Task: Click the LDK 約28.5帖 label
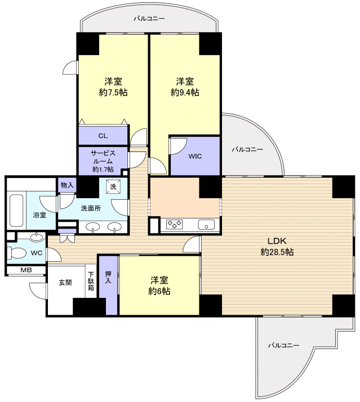(277, 247)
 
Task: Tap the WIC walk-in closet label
(195, 156)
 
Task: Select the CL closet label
(103, 136)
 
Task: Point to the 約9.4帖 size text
(185, 92)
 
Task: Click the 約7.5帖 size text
(113, 92)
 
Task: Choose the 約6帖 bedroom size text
(159, 291)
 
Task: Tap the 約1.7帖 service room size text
(103, 169)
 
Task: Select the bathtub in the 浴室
(16, 211)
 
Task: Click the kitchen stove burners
(175, 224)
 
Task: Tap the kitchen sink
(206, 225)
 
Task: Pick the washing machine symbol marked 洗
(113, 187)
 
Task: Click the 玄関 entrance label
(65, 283)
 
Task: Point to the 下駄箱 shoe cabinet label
(91, 281)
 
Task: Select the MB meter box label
(26, 270)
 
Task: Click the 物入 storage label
(67, 185)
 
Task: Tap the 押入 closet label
(108, 277)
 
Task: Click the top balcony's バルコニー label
(149, 19)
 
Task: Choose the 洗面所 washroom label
(91, 208)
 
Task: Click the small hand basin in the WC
(37, 237)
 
